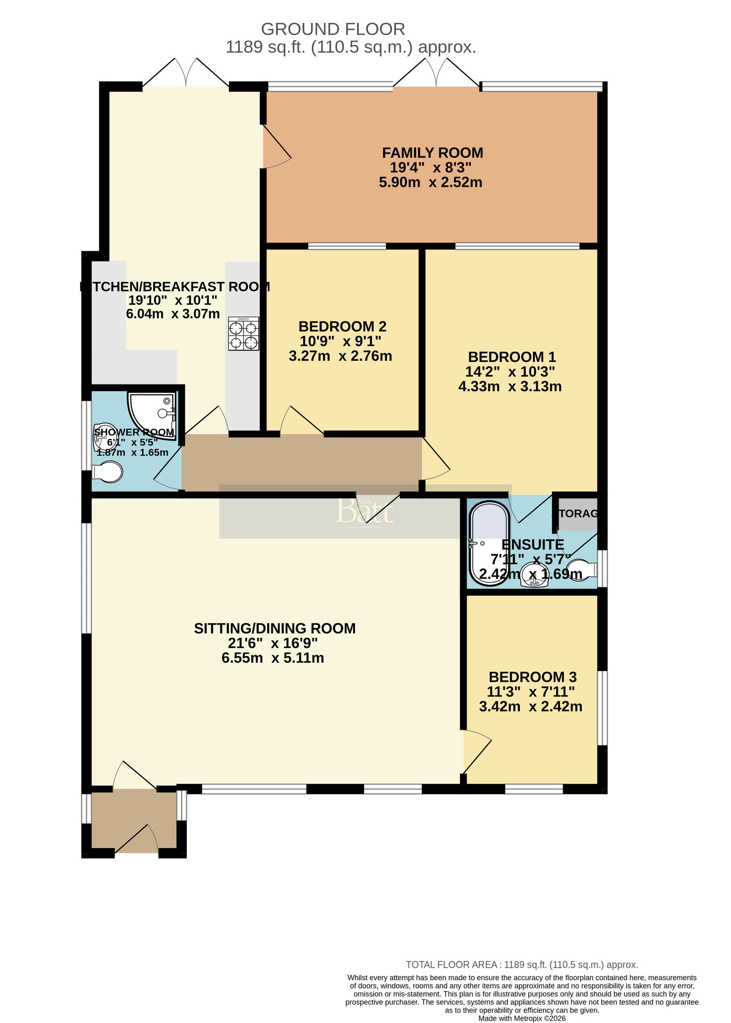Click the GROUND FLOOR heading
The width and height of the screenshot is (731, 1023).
333,29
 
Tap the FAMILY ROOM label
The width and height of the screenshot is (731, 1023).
432,153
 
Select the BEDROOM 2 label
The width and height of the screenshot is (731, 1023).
342,327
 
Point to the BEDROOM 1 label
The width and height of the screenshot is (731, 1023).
512,357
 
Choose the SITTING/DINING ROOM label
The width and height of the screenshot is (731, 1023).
274,628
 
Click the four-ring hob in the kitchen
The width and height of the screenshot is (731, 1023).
243,334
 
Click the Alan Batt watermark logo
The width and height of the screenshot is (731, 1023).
365,511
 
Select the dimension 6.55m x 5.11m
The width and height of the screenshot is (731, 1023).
272,658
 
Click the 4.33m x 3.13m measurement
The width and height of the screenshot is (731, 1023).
510,387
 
